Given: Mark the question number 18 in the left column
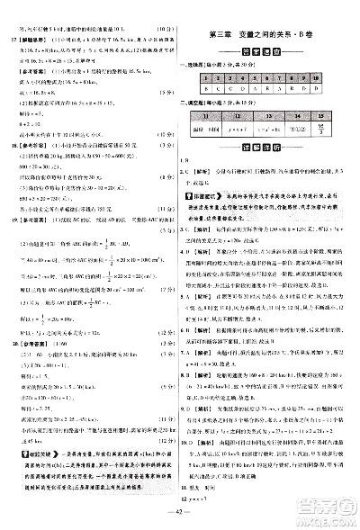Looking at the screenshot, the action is pos(9,131).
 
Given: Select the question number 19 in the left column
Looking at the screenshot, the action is pos(9,217).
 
